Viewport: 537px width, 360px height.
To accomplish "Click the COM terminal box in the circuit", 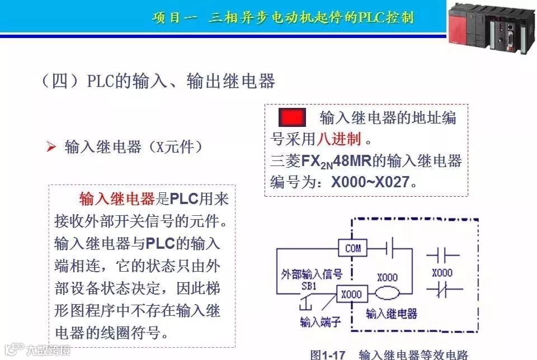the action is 353,248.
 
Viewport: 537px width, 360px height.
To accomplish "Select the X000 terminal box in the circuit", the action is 351,294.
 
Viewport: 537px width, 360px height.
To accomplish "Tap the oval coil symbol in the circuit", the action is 388,293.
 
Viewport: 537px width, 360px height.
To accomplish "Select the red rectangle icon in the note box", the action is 293,118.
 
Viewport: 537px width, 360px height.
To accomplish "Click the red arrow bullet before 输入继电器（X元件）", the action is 51,148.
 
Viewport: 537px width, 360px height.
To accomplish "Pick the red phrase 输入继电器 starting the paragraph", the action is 116,198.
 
